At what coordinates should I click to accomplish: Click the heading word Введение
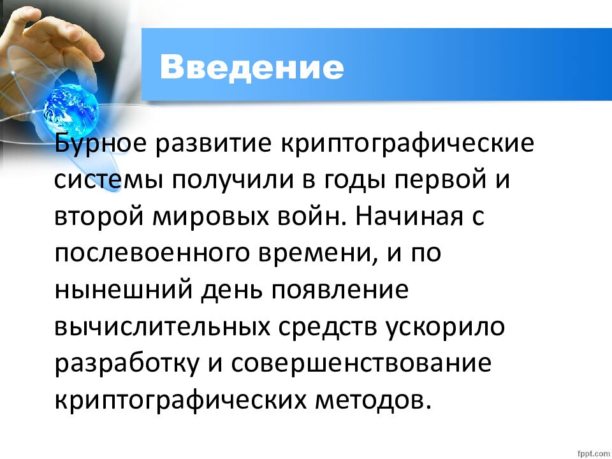click(x=252, y=66)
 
